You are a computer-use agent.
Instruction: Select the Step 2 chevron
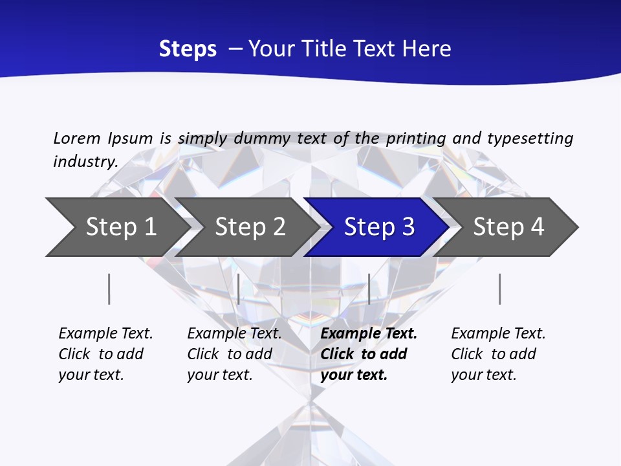[250, 227]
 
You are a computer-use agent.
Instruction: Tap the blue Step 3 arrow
[379, 227]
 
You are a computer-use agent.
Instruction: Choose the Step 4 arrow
[508, 227]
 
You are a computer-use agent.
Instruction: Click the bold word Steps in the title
[188, 49]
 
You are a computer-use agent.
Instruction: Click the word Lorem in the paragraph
[77, 138]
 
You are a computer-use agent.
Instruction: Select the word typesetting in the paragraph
[530, 138]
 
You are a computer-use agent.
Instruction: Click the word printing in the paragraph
[416, 138]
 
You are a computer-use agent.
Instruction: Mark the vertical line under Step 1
[109, 289]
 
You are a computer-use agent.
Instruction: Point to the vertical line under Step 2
[239, 289]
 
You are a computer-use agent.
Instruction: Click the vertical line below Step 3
[369, 289]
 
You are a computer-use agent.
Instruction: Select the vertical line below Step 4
[499, 289]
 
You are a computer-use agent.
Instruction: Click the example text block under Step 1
[105, 354]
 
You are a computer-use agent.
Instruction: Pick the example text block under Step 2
[234, 354]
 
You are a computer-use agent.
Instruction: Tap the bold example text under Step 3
[369, 354]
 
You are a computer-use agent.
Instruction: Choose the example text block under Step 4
[498, 354]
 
